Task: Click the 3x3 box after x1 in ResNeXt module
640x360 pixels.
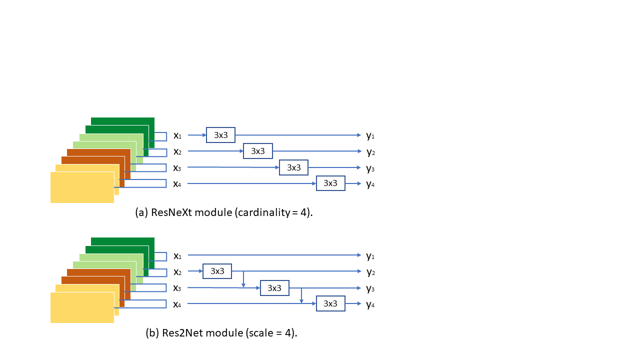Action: point(220,135)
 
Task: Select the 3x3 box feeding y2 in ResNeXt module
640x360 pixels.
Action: point(257,151)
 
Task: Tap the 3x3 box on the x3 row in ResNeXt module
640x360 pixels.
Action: point(293,167)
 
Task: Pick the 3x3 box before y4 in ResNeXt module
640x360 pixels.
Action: point(330,183)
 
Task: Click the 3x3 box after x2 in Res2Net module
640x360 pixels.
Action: point(217,271)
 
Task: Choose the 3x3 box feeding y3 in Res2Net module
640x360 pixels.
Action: point(274,288)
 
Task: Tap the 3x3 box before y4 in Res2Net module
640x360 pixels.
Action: point(330,303)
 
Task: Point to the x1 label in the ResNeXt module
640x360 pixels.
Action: point(177,135)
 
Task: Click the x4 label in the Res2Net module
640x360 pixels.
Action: point(177,305)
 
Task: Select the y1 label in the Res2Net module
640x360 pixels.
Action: point(370,256)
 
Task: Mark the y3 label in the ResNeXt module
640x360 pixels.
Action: point(370,168)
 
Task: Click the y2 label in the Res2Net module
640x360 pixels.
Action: point(371,272)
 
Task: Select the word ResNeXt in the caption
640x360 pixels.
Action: point(171,212)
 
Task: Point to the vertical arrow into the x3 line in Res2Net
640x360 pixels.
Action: point(243,279)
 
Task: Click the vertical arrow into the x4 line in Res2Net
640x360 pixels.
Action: point(301,295)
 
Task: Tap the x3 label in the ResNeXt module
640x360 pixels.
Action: point(177,168)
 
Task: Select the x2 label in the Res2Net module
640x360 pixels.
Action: point(177,272)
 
